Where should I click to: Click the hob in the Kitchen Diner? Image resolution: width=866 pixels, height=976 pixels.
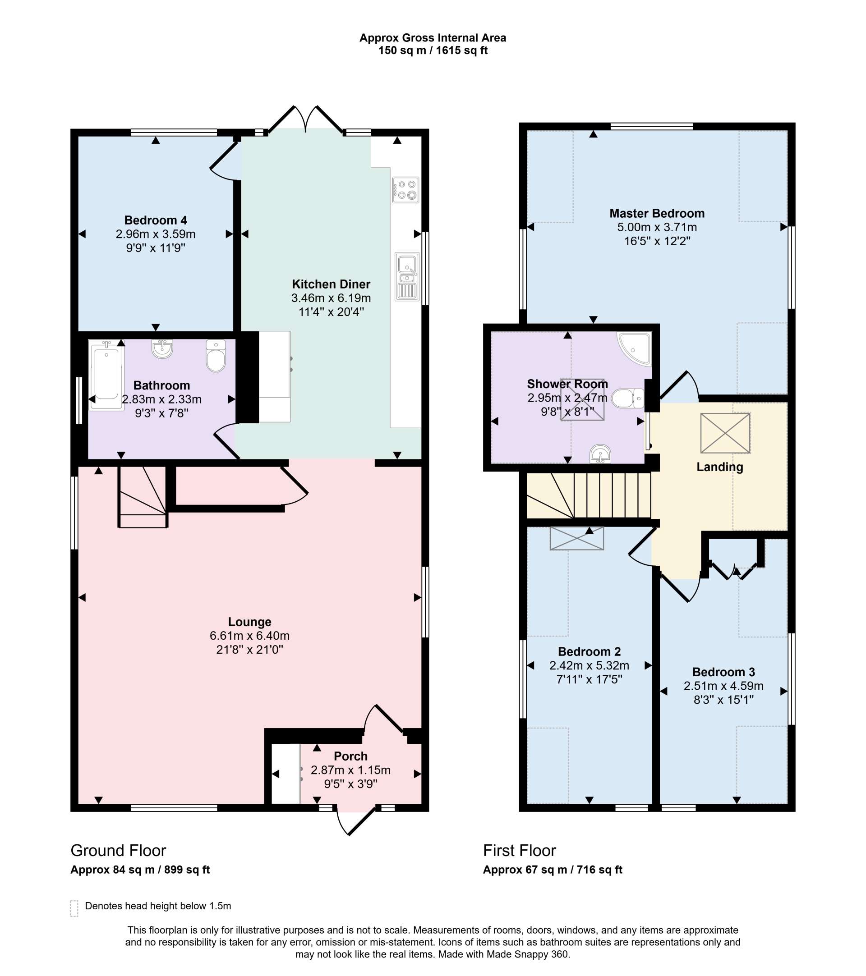[x=405, y=190]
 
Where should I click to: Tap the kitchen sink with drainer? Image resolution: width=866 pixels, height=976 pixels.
[x=406, y=276]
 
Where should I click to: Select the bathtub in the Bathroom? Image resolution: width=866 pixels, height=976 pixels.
[x=106, y=374]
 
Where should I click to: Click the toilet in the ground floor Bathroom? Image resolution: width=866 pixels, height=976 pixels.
[x=216, y=356]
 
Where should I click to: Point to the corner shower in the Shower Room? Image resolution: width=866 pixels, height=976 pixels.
[x=634, y=348]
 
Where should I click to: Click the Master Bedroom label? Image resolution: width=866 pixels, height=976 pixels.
[x=656, y=213]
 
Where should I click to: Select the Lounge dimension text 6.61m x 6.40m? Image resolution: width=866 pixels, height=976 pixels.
[x=249, y=636]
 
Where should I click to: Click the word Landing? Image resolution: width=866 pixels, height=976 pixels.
[x=719, y=467]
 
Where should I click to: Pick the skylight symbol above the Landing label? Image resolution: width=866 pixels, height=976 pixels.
[x=725, y=433]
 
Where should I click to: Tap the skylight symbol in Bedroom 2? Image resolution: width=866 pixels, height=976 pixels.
[x=576, y=538]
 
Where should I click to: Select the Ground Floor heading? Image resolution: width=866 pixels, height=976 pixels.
[x=118, y=850]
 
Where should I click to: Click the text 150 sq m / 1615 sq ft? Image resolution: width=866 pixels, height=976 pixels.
[x=432, y=50]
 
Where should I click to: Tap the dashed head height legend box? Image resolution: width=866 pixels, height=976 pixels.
[x=74, y=908]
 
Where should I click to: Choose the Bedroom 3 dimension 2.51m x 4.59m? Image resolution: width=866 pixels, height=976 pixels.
[x=723, y=686]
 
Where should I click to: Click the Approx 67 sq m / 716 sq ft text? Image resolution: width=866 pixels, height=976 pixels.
[x=552, y=870]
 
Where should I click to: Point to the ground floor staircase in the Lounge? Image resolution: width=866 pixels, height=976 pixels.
[x=143, y=497]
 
